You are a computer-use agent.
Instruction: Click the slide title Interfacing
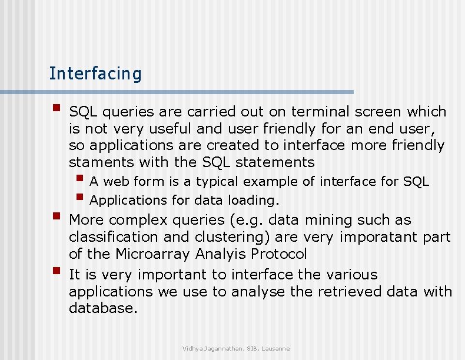click(x=95, y=74)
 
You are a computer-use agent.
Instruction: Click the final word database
click(x=103, y=308)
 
